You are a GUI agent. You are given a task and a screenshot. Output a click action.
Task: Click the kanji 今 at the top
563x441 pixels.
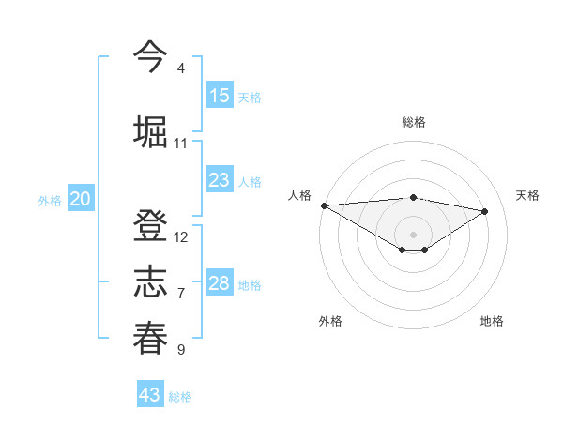click(150, 55)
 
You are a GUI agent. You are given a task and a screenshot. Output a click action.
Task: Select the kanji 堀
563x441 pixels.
click(150, 130)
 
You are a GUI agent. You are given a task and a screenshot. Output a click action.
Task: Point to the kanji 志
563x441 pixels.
click(150, 282)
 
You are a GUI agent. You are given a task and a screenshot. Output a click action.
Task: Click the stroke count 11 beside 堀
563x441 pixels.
click(181, 144)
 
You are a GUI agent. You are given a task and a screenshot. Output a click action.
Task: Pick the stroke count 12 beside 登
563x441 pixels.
click(181, 237)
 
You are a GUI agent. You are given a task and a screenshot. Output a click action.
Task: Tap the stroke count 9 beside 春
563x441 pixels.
click(181, 350)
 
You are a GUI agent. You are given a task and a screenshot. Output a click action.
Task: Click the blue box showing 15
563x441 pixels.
click(220, 96)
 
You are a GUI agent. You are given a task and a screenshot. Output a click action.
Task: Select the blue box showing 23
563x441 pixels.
click(220, 180)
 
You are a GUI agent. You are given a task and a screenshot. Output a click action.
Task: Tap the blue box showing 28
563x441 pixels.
click(220, 283)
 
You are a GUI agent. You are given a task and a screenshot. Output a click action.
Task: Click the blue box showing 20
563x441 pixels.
click(81, 199)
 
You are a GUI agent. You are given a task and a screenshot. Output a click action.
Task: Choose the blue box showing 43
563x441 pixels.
click(150, 395)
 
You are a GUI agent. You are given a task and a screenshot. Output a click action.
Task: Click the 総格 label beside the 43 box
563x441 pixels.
click(180, 397)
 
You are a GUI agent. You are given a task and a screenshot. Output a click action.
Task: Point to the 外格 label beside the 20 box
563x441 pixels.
click(50, 201)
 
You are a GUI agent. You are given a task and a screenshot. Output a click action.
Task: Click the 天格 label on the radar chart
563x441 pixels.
click(528, 195)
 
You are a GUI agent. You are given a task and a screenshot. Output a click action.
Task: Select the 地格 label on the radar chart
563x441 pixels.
click(492, 321)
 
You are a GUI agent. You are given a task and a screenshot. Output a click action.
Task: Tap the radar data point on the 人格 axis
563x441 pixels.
click(324, 205)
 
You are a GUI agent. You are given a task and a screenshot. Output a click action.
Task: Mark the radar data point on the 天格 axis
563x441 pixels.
click(485, 211)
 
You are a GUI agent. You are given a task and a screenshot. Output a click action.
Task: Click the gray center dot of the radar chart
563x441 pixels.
click(413, 234)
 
